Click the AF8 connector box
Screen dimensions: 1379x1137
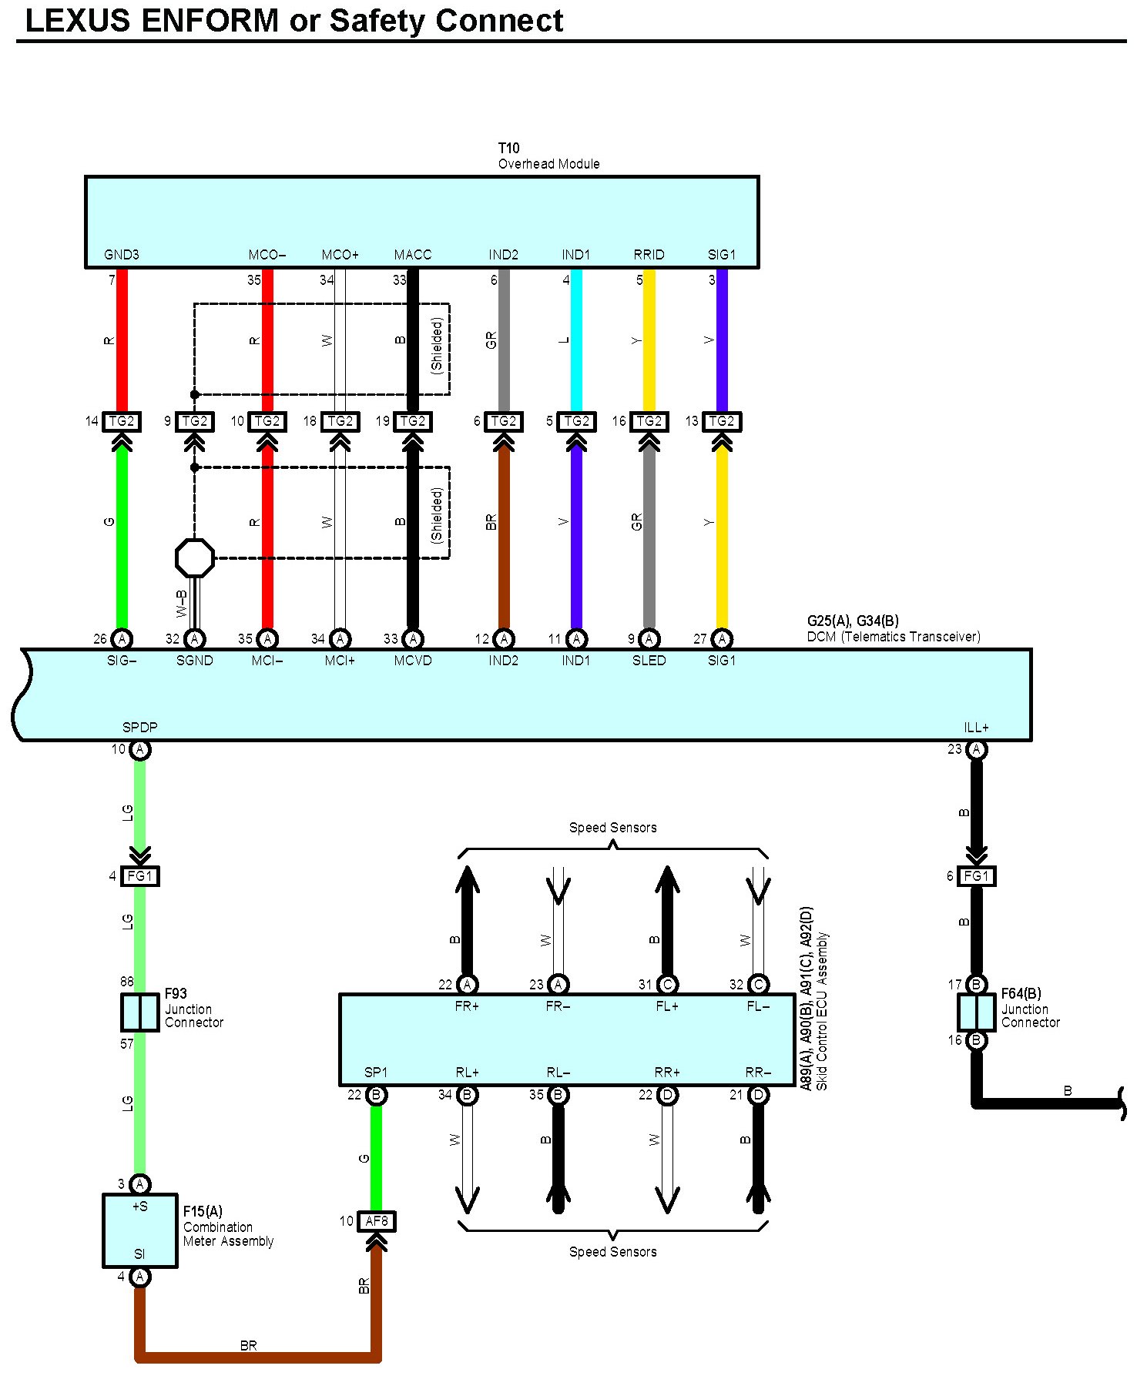point(377,1221)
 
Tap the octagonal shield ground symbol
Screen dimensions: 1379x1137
point(195,558)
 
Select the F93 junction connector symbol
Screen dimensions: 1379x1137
point(140,1012)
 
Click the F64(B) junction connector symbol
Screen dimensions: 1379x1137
point(976,1012)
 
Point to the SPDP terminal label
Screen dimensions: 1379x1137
point(139,727)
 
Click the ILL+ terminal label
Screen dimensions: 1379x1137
point(976,727)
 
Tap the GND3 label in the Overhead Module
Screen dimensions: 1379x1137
point(122,255)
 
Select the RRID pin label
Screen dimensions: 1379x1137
point(649,255)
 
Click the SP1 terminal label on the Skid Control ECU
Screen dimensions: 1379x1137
point(376,1073)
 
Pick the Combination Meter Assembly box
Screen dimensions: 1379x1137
point(140,1230)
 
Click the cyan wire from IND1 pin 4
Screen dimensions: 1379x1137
point(576,339)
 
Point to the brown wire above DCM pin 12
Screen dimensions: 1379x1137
point(504,531)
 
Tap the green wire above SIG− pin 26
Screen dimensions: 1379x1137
point(122,531)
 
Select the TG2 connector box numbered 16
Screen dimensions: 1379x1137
point(649,421)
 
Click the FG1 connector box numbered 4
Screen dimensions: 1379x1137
point(140,876)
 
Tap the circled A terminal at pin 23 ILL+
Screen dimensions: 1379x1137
point(976,750)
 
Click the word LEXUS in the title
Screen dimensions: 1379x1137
point(78,21)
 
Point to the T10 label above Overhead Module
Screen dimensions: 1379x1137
point(508,148)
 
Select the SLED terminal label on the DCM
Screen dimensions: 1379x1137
point(649,661)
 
